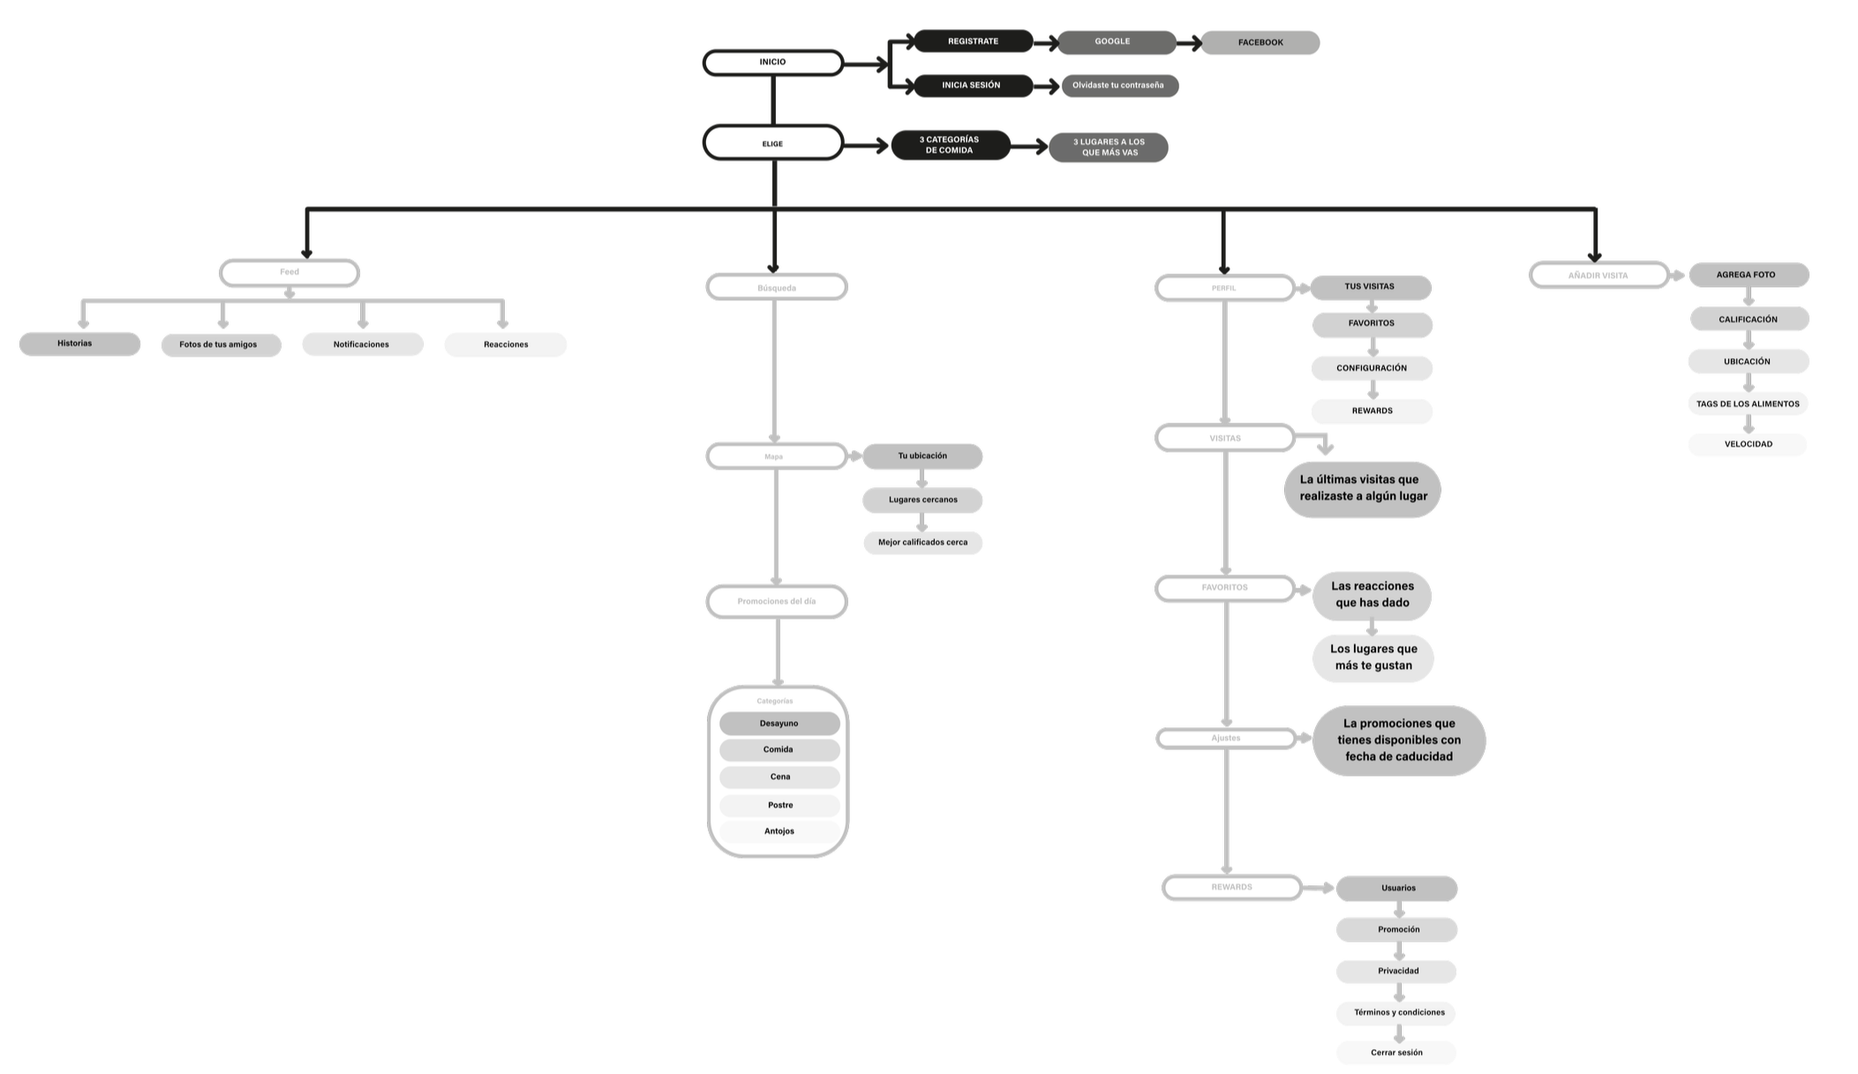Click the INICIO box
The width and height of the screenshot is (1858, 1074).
772,63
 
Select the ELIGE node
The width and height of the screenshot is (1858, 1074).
772,143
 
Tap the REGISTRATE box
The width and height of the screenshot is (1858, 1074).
973,41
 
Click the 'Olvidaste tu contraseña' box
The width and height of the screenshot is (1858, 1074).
1118,86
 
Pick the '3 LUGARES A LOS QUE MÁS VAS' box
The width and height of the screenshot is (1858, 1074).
1109,147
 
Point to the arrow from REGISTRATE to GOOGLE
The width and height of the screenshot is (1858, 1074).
1045,41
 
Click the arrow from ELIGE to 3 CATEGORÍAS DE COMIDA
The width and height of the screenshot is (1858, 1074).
867,146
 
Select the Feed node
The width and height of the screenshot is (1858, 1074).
290,273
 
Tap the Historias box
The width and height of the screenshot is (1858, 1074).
79,343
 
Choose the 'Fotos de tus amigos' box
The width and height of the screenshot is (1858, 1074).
220,344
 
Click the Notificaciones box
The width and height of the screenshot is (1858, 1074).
362,344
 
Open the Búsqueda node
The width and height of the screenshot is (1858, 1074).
777,288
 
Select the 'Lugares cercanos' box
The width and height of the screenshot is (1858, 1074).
922,500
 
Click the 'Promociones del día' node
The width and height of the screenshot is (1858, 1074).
777,602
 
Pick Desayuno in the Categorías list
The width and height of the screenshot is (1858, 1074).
779,724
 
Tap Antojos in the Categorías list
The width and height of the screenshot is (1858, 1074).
779,831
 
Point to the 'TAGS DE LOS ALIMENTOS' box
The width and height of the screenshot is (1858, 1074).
1748,404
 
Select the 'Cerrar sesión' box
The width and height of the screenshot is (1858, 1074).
1396,1053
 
